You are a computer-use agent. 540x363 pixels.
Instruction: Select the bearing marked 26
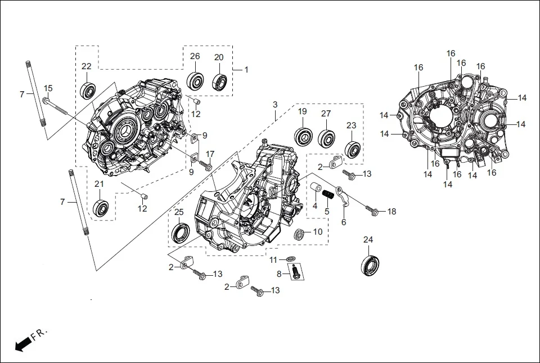(x=195, y=80)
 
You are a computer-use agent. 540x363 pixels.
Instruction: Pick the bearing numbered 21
(x=101, y=208)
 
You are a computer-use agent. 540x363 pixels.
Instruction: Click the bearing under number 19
(x=303, y=136)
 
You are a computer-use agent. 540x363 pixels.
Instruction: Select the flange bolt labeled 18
(x=371, y=210)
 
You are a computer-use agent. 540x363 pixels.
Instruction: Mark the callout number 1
(x=245, y=69)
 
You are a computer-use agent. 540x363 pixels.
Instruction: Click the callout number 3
(x=275, y=105)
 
